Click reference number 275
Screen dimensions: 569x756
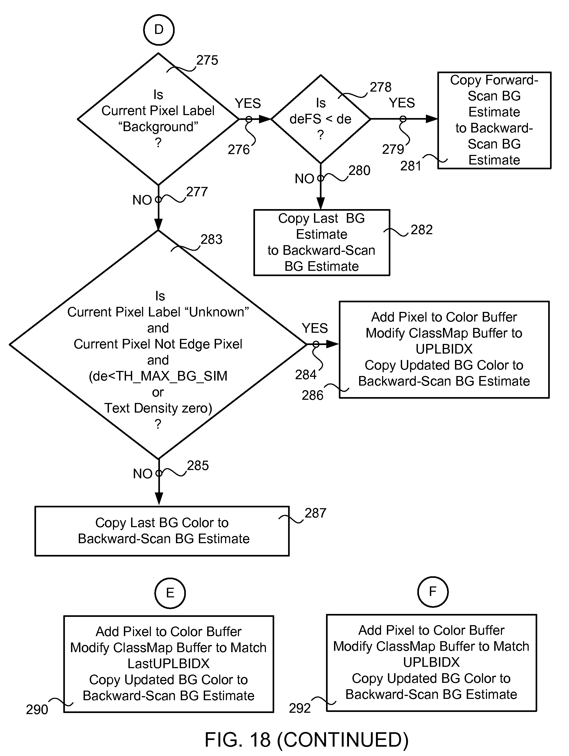tap(207, 60)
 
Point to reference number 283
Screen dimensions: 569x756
tap(211, 239)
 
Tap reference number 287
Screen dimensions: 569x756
tap(315, 513)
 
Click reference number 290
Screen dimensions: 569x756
tap(37, 710)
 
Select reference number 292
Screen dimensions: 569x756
tap(300, 708)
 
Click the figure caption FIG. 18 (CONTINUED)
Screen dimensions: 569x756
tap(307, 740)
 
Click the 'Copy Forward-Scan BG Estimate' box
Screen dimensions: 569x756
tap(494, 120)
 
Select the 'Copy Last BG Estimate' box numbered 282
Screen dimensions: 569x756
tap(321, 242)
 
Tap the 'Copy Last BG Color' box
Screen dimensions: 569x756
tap(162, 531)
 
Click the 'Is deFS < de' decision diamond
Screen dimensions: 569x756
tap(321, 119)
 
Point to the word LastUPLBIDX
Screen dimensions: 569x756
tap(168, 663)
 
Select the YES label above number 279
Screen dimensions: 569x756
tap(402, 103)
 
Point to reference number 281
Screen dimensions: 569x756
tap(411, 166)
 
